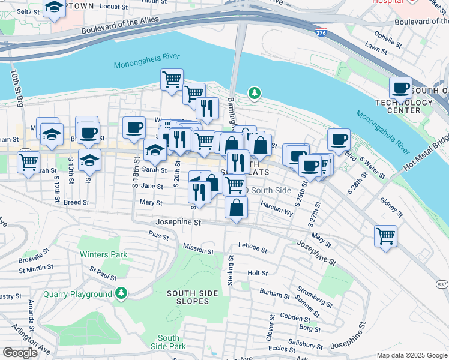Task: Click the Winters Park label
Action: coord(104,254)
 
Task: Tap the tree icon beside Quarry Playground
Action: coord(122,293)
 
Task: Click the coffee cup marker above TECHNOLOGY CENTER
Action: coord(400,89)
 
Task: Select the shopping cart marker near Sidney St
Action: coord(385,235)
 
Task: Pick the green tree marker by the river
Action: coord(255,93)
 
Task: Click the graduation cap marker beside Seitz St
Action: coord(55,8)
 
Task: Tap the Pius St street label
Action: coord(158,235)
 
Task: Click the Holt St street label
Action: coord(258,273)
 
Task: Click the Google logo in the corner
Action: coord(20,353)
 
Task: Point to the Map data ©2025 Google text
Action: coord(411,355)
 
